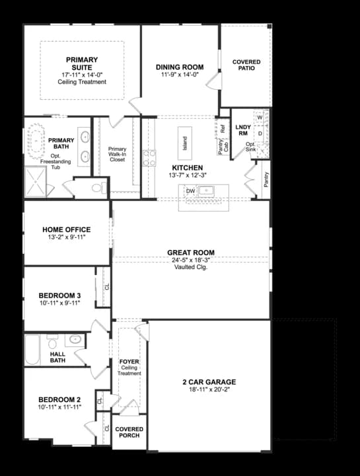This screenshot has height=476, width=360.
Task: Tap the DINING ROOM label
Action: (x=179, y=67)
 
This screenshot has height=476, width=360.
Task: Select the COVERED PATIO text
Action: (x=246, y=65)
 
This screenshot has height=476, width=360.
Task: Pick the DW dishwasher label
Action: (x=190, y=191)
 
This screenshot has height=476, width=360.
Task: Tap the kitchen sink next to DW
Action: (x=209, y=191)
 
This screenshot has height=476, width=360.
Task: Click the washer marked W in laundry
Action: (x=259, y=118)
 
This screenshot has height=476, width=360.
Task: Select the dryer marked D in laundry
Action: (x=259, y=134)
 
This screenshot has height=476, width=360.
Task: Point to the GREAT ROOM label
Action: (x=190, y=253)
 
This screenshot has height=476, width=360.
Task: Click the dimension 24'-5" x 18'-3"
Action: (x=190, y=260)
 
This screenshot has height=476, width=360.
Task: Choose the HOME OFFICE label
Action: (x=67, y=229)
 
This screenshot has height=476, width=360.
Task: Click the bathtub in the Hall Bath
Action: (x=34, y=350)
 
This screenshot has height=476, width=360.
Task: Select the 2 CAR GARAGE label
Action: (x=209, y=382)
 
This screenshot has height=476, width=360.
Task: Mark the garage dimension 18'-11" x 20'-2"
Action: (x=209, y=390)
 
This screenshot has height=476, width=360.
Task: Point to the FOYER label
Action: (x=129, y=362)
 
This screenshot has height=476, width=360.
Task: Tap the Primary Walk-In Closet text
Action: (x=117, y=154)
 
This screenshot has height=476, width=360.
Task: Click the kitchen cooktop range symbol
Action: (x=149, y=157)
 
